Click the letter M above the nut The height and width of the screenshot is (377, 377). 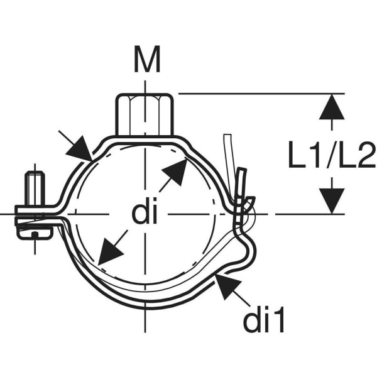point(147,60)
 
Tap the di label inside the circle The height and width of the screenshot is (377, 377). point(145,210)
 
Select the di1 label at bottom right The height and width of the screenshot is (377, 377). point(264,319)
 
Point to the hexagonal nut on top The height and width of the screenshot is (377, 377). point(145,115)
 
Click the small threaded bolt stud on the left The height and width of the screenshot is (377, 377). point(35,188)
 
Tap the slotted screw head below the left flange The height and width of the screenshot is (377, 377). point(35,232)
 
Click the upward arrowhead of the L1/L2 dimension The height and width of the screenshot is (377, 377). point(332,107)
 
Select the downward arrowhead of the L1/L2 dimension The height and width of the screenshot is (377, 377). point(332,201)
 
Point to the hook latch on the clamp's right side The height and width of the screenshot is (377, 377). point(243,200)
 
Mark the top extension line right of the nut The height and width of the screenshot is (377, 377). point(261,94)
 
